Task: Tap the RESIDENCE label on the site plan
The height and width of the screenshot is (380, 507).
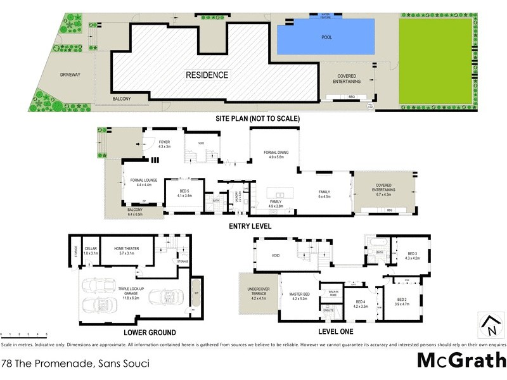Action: pos(207,75)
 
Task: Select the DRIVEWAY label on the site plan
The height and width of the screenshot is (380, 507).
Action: pos(70,75)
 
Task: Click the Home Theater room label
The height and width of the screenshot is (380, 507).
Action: pos(127,251)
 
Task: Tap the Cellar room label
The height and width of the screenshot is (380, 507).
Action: pos(91,251)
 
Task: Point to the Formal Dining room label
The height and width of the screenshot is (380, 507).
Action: pos(275,155)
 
